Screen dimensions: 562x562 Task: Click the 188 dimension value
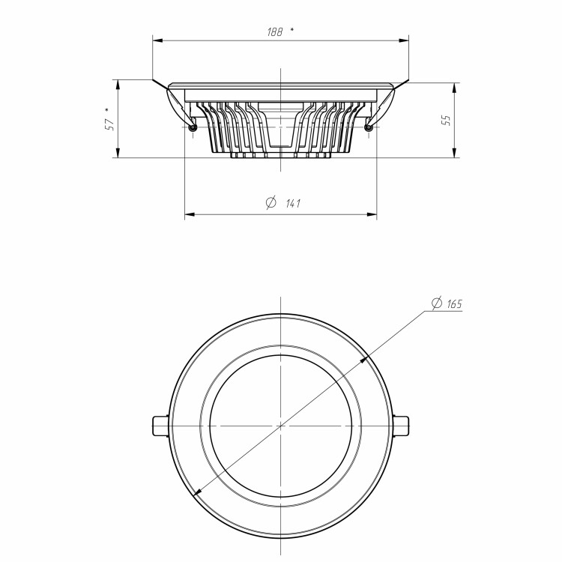(x=275, y=32)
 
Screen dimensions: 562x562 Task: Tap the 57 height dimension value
(x=109, y=124)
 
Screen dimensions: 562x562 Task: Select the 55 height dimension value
(x=447, y=120)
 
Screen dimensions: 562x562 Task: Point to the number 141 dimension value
(x=293, y=204)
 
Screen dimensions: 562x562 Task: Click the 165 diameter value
(x=455, y=304)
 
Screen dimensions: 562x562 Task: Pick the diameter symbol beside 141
(x=271, y=202)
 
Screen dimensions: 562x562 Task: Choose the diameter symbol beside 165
(x=437, y=303)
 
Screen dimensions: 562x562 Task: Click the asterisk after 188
(x=292, y=30)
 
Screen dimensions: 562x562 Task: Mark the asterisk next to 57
(x=107, y=109)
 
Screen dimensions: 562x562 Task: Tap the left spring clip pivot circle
(x=193, y=127)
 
